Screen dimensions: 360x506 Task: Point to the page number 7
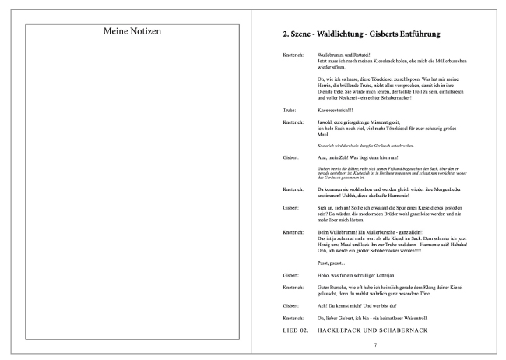(x=374, y=344)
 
